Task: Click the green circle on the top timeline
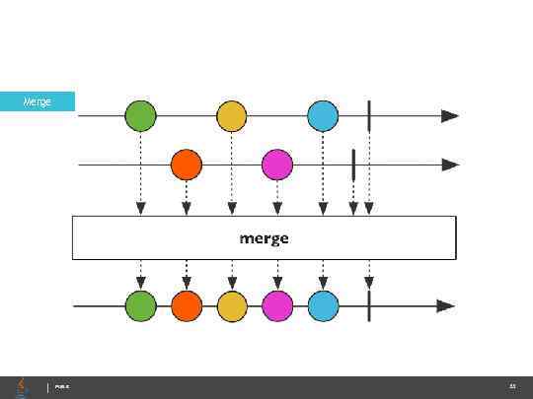140,116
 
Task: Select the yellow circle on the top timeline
231,116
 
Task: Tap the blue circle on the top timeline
323,116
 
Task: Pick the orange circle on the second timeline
186,165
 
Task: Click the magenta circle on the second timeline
277,165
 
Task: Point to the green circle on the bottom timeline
140,306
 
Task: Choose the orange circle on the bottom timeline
186,306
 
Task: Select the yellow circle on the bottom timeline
231,306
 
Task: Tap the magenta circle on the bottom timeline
277,306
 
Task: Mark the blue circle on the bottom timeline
323,306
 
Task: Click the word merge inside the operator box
265,237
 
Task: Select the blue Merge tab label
38,100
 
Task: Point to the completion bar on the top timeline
368,116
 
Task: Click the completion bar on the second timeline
353,165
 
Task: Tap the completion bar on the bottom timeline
368,306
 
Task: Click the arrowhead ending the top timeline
450,116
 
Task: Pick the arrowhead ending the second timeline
450,165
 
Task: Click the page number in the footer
512,387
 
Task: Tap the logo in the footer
22,387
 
